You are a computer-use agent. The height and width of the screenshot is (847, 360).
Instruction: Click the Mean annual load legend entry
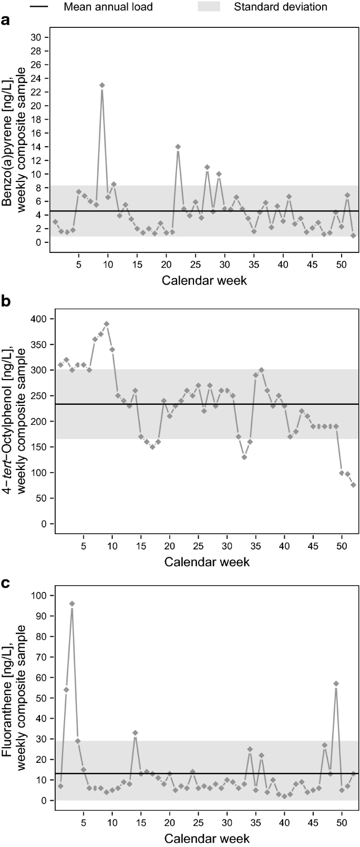[108, 7]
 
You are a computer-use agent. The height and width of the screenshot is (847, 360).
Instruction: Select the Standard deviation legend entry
[280, 7]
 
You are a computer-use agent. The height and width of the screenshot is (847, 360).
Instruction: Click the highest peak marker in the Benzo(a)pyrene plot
[102, 85]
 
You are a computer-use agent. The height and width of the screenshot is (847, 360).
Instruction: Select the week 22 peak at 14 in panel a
[178, 146]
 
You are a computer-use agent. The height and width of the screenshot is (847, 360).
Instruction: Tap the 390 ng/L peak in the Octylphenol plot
[107, 324]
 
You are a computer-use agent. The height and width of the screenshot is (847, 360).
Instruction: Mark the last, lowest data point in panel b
[353, 485]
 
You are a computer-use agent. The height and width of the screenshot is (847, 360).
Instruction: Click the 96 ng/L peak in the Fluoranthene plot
[72, 604]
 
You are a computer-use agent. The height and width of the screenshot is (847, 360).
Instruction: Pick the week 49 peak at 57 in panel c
[336, 683]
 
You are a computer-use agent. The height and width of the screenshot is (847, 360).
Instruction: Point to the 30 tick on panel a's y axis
[37, 37]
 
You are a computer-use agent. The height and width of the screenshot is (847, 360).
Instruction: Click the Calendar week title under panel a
[204, 280]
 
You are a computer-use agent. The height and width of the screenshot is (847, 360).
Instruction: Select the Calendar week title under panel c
[207, 838]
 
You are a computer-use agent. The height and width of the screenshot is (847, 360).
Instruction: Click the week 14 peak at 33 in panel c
[135, 733]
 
